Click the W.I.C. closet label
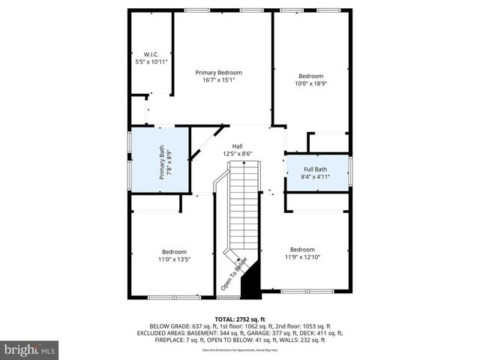pos(151,54)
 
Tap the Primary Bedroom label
pos(218,73)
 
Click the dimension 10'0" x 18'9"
pos(310,84)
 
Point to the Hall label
pos(237,146)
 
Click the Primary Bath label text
pos(161,163)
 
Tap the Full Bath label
pos(315,169)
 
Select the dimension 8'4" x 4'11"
pos(315,177)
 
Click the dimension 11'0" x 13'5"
pos(174,259)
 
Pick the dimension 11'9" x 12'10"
pos(302,257)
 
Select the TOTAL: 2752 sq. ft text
pos(240,319)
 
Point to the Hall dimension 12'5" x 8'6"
pos(237,154)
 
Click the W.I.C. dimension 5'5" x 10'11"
pos(151,61)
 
